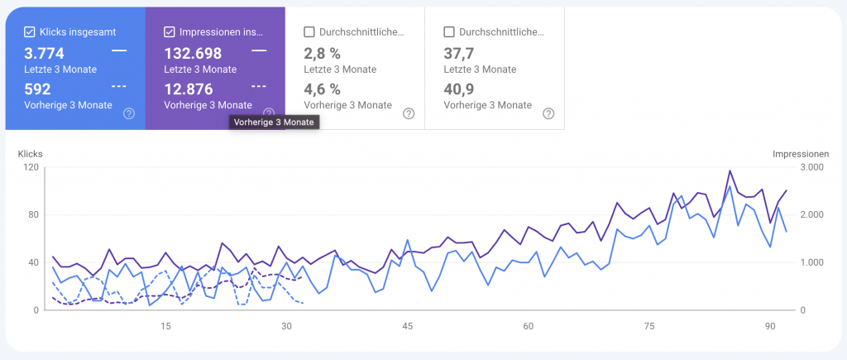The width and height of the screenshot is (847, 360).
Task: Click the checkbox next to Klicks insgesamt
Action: click(x=30, y=32)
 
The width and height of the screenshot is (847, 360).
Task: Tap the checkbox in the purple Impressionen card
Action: click(x=170, y=32)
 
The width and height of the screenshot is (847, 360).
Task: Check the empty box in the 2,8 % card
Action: click(x=309, y=32)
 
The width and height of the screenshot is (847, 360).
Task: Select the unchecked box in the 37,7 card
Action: click(x=449, y=32)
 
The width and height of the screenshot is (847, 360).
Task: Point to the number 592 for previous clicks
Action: click(x=37, y=89)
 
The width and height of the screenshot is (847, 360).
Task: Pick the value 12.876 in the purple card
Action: click(x=189, y=89)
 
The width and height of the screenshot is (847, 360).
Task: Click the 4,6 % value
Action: click(x=323, y=89)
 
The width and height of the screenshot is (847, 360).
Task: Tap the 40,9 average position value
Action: click(x=458, y=89)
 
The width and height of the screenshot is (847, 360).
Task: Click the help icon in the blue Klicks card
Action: click(x=129, y=113)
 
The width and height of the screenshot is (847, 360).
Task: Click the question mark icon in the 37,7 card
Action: click(x=548, y=113)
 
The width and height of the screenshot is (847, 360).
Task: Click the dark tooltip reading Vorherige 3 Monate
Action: click(x=274, y=122)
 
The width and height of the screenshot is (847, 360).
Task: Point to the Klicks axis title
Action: click(x=30, y=154)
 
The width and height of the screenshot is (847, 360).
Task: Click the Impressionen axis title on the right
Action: click(x=800, y=154)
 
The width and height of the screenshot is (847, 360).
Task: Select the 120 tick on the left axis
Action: click(x=31, y=167)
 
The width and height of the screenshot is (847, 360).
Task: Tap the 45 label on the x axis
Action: click(x=407, y=326)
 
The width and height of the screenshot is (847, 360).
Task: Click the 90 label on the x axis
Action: click(x=769, y=326)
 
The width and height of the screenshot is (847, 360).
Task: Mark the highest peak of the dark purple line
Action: click(x=730, y=171)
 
